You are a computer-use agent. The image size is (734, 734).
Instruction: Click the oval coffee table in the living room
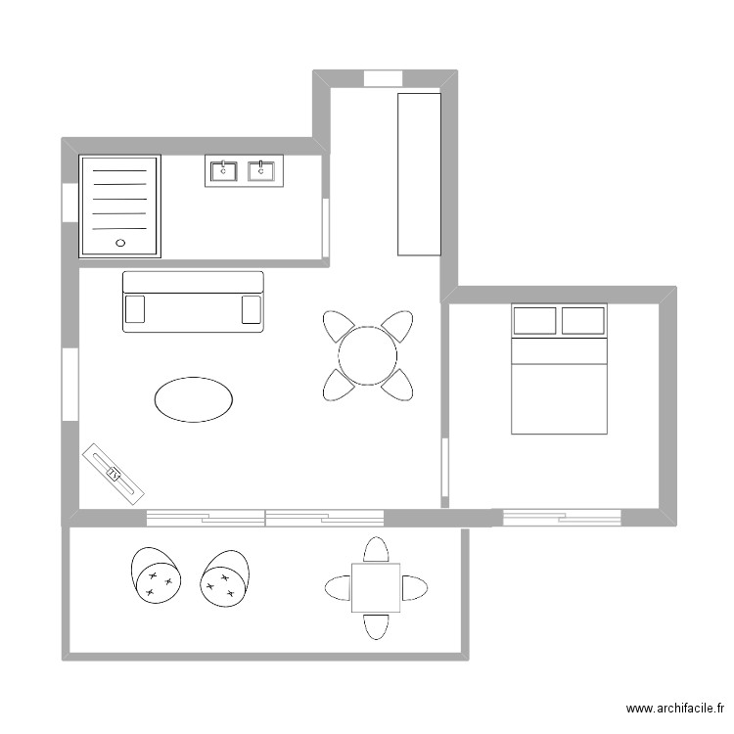point(194,399)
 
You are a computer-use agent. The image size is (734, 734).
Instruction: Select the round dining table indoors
point(368,354)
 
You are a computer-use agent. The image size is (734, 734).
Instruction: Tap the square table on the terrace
point(376,587)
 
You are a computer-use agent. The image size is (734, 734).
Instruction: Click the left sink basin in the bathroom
point(224,171)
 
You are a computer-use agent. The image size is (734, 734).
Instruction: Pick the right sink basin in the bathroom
point(261,171)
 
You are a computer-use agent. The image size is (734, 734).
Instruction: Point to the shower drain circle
point(121,241)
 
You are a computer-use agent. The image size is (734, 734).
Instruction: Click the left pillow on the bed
point(534,321)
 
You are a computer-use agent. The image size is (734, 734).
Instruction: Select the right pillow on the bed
point(583,321)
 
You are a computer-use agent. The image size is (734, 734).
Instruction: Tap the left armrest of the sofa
point(135,309)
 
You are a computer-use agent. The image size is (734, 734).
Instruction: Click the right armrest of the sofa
point(252,309)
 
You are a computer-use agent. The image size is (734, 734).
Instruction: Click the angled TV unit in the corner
point(114,473)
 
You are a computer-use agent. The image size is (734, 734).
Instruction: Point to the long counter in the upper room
point(419,174)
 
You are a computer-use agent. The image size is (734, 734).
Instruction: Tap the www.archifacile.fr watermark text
point(675,709)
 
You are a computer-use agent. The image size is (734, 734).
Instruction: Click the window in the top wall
point(384,78)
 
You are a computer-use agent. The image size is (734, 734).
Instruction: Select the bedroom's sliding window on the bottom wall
point(562,516)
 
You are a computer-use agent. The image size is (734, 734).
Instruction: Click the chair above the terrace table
point(376,550)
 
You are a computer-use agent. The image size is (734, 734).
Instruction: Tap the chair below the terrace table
point(376,626)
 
